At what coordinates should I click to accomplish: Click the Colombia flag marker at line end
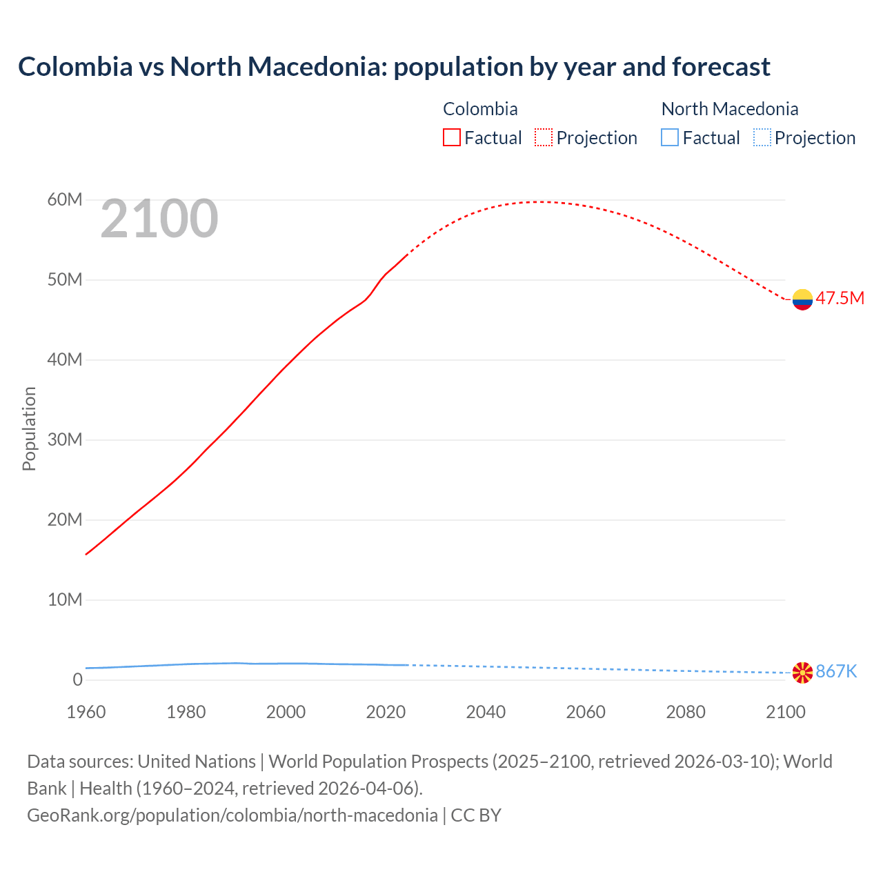click(802, 299)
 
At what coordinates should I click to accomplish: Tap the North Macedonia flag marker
click(802, 672)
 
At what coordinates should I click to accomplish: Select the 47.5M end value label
click(840, 298)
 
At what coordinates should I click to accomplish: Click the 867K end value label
click(836, 671)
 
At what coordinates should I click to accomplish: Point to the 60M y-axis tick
click(65, 200)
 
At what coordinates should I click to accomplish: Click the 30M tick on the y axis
click(65, 439)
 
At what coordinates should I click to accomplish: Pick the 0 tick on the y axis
click(77, 679)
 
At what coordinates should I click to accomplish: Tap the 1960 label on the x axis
click(86, 712)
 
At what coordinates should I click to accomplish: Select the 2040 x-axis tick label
click(486, 712)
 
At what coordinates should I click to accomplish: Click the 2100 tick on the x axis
click(785, 712)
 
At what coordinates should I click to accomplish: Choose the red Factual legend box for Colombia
click(451, 137)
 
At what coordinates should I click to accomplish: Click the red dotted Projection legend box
click(544, 137)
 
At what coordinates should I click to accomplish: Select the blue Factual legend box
click(669, 137)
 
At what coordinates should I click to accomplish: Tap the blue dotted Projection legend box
click(762, 137)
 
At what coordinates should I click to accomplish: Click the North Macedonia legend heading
click(729, 109)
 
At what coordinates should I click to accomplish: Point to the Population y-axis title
click(29, 428)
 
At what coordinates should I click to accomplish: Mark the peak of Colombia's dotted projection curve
click(542, 201)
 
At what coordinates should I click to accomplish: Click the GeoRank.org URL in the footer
click(232, 815)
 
